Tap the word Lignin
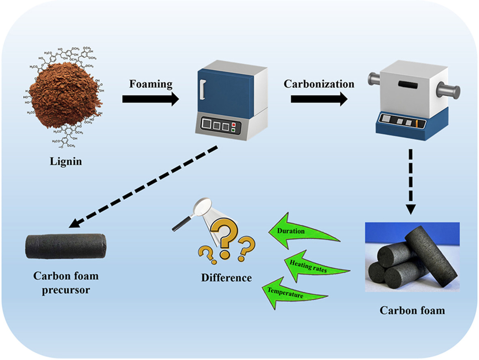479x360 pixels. (65, 161)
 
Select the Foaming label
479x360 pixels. (151, 84)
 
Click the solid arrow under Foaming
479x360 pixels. (150, 99)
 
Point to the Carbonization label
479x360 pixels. (319, 84)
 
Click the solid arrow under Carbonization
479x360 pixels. (319, 99)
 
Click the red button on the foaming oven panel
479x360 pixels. (233, 124)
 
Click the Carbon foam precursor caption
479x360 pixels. (66, 283)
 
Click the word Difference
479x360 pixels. (227, 278)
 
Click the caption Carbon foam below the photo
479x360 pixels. (412, 311)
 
